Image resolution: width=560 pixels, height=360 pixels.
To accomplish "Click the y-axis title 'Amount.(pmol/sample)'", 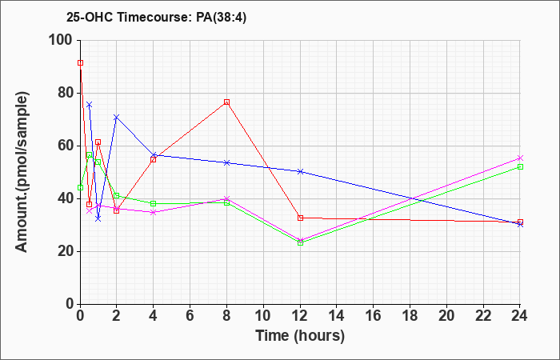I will (x=23, y=172).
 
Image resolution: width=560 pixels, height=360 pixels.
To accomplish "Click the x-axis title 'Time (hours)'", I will (x=300, y=335).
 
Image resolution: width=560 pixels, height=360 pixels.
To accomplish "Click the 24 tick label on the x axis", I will (x=520, y=316).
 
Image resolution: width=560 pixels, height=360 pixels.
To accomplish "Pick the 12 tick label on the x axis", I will (x=300, y=316).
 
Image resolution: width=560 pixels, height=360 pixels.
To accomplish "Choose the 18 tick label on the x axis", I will (x=410, y=316).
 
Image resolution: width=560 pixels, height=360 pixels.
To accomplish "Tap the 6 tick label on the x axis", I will (x=190, y=316).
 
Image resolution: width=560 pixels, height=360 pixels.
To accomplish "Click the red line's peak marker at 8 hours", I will (x=227, y=102).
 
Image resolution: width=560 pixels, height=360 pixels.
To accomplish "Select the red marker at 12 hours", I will (x=300, y=218).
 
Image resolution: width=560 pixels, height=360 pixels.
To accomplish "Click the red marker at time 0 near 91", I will (x=80, y=62).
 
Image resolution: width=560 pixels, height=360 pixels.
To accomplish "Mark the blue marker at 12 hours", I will (x=300, y=171).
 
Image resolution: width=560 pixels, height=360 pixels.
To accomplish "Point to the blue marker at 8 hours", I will (x=227, y=162).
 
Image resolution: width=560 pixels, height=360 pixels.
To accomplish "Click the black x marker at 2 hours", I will (x=117, y=118).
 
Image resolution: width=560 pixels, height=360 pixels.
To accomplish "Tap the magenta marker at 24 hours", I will (x=520, y=158).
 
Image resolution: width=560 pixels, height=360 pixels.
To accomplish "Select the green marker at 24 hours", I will (x=520, y=166).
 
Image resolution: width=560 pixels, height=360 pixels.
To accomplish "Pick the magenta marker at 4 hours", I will (x=154, y=212).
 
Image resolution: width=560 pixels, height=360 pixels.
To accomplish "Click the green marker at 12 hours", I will (x=300, y=242).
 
